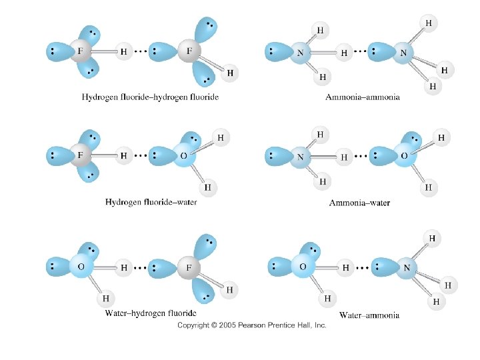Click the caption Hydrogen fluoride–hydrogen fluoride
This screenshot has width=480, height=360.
150,97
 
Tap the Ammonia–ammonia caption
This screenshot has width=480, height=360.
363,97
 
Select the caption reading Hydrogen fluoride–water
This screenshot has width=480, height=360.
151,202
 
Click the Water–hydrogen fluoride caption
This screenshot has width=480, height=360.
151,313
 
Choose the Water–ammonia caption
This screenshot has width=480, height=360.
369,315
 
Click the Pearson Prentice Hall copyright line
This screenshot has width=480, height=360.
251,325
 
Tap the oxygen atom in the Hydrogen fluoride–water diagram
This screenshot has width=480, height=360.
183,155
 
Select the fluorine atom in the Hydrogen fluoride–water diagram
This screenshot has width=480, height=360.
81,155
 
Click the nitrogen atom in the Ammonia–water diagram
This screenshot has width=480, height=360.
300,157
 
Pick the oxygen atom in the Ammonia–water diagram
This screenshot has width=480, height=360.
404,155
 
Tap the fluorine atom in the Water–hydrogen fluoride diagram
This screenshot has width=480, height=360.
189,268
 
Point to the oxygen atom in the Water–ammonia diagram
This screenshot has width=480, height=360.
303,267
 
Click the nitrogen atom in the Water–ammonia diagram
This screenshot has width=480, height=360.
406,269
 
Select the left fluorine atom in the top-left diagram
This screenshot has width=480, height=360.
81,51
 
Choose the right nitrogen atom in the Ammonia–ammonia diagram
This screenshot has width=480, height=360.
403,51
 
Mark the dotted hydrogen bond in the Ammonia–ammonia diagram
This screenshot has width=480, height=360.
361,51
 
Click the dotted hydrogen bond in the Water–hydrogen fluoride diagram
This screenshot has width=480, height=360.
139,268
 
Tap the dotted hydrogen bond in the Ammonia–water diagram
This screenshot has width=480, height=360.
361,157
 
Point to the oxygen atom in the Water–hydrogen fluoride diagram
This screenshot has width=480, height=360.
81,267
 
